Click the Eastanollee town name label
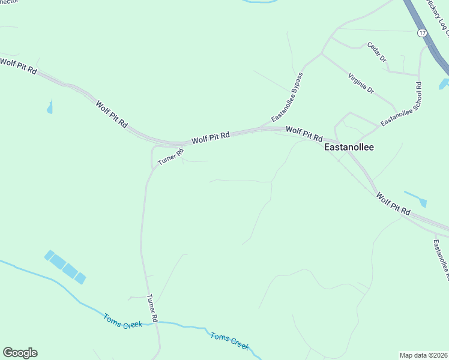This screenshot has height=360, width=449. click(x=348, y=146)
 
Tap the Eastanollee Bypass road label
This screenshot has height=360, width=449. click(x=288, y=97)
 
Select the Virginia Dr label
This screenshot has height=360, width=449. click(x=361, y=83)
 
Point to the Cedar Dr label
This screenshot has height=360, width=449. click(x=377, y=53)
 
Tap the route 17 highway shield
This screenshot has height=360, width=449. click(x=423, y=33)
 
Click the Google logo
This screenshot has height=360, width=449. click(x=20, y=353)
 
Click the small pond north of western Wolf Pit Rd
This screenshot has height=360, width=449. click(x=49, y=107)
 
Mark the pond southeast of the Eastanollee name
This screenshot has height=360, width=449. click(x=416, y=199)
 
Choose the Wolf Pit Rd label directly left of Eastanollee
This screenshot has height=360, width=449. click(x=304, y=133)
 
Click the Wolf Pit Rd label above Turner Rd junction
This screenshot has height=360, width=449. click(x=210, y=138)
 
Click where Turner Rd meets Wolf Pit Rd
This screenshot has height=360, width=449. click(x=155, y=146)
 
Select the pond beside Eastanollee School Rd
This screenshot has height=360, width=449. click(x=444, y=84)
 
